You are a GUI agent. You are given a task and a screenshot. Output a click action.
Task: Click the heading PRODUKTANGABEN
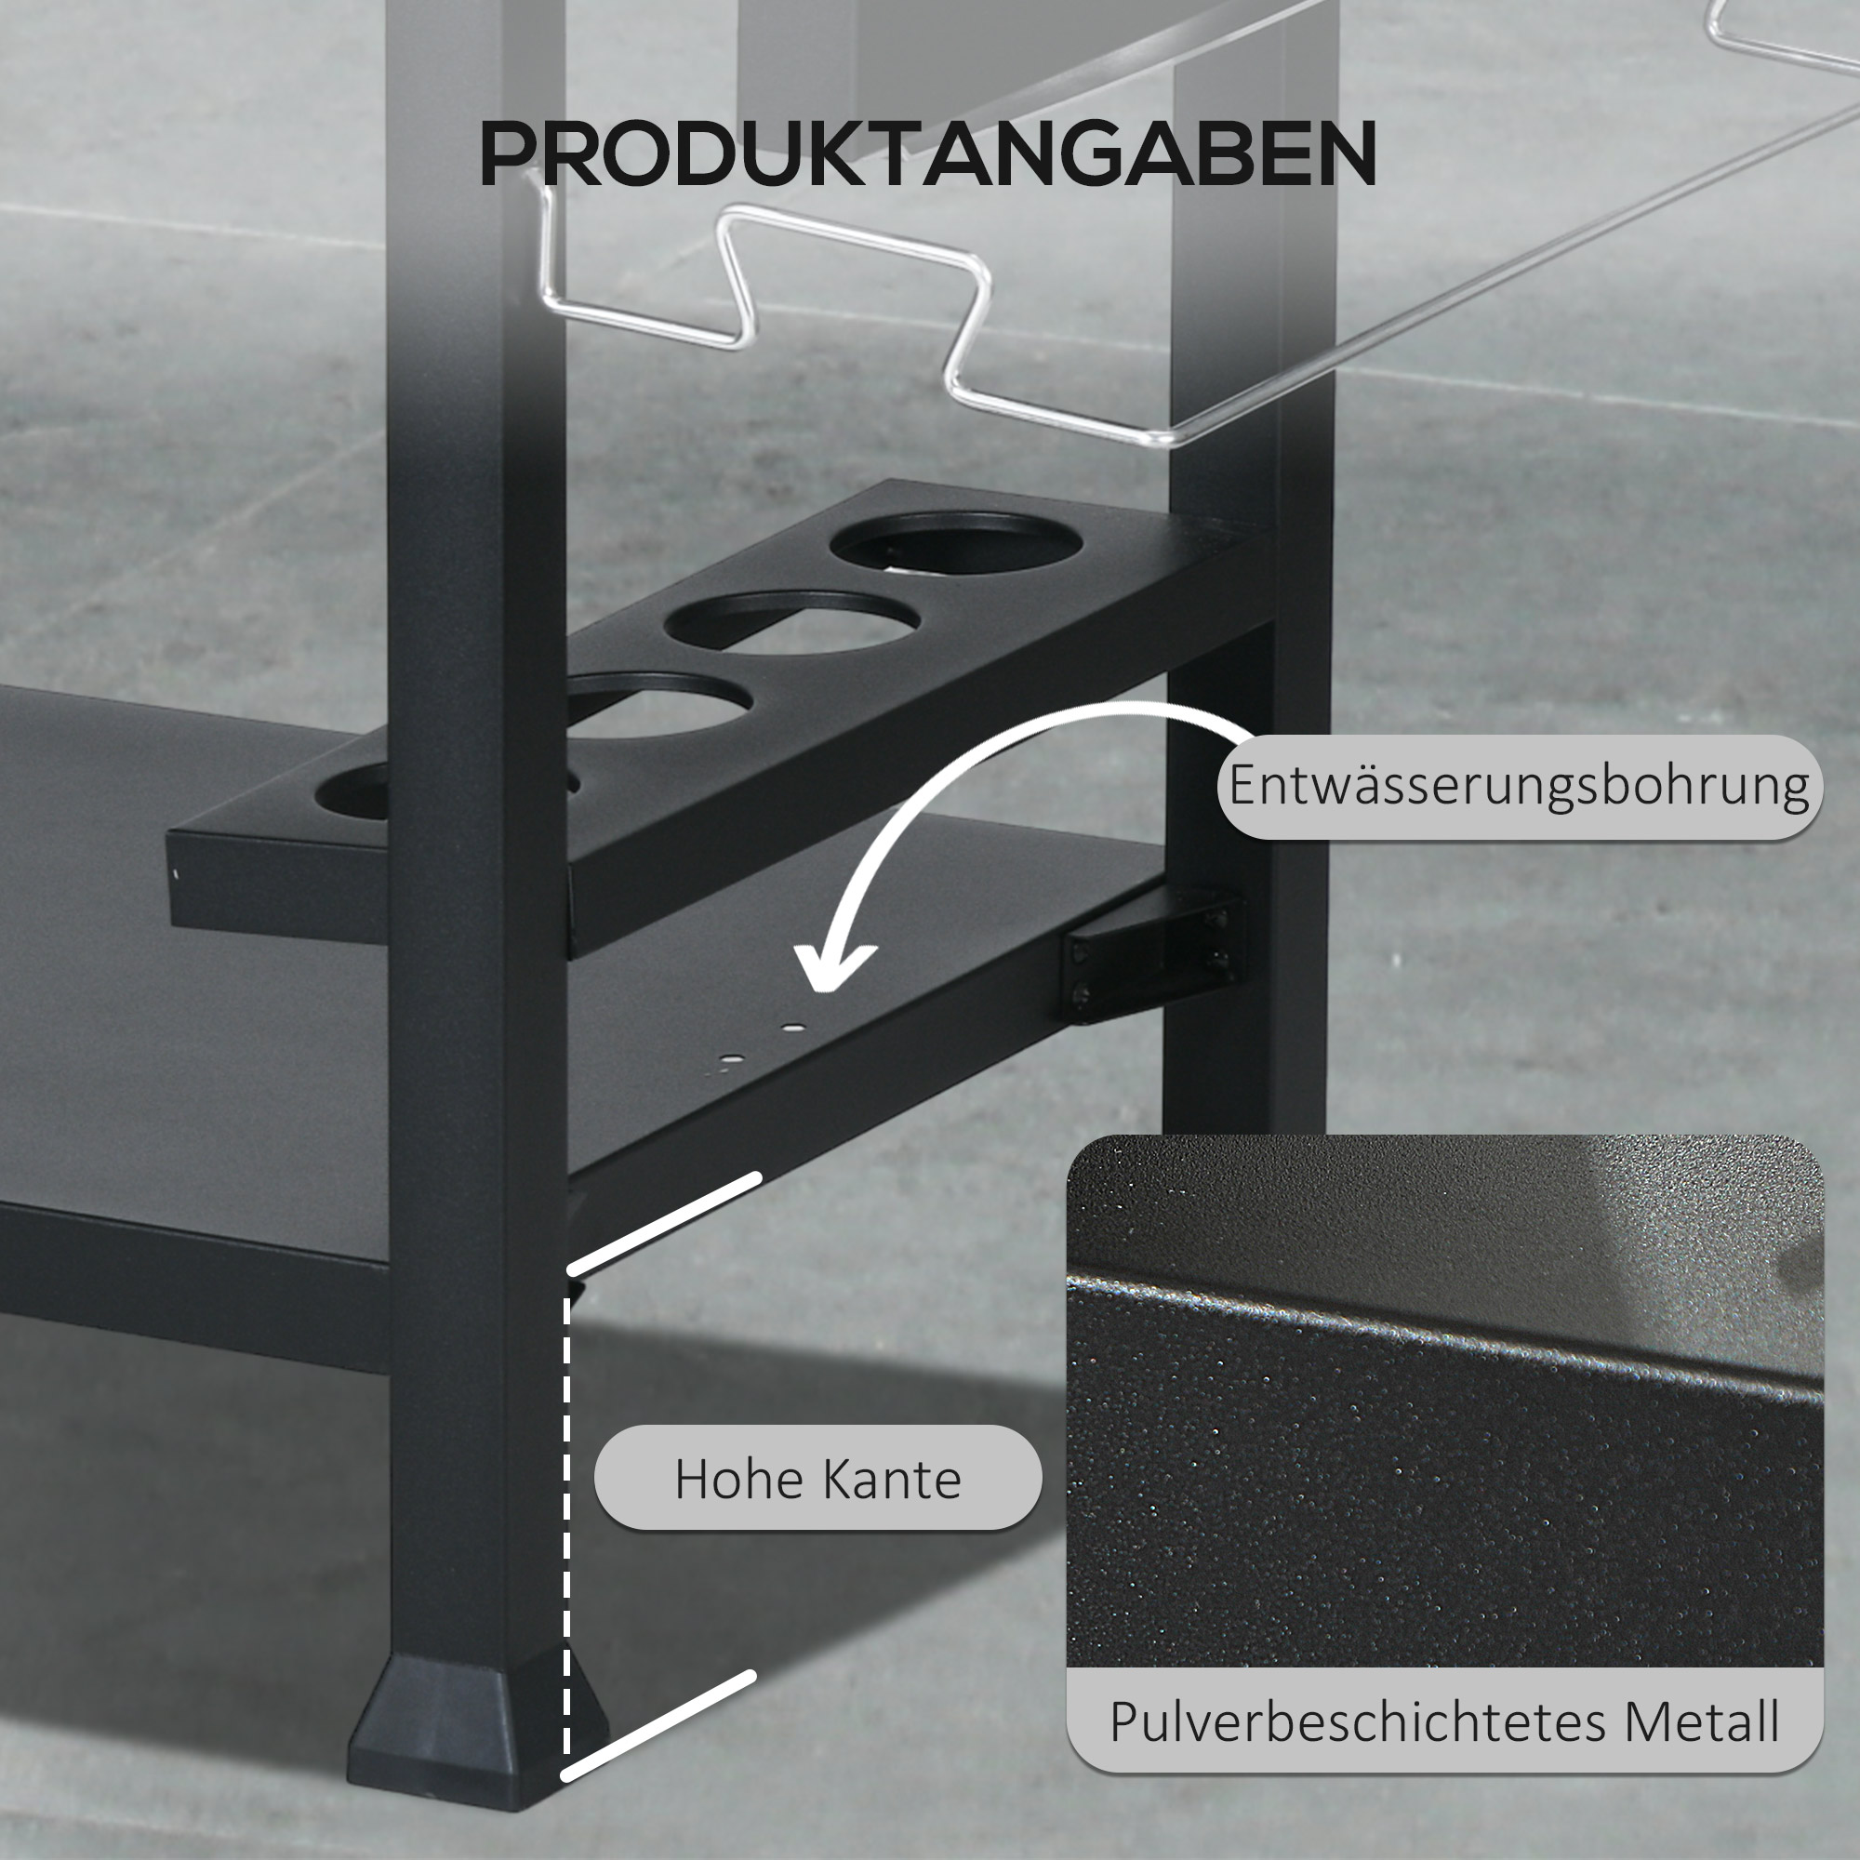[x=927, y=154]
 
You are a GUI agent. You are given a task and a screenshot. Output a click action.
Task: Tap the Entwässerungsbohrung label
[x=1519, y=787]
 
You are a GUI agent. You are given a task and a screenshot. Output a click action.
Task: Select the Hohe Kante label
[x=817, y=1479]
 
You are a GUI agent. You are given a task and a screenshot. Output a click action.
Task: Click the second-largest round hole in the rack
[x=791, y=622]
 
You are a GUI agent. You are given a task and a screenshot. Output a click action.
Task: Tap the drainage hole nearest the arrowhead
[x=791, y=1029]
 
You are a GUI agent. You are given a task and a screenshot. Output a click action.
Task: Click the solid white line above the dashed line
[x=664, y=1223]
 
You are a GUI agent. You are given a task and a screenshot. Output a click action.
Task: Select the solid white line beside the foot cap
[x=658, y=1728]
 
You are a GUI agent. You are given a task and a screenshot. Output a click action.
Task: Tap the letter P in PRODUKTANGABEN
[x=509, y=154]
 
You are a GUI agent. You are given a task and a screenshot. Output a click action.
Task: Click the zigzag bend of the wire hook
[x=967, y=318]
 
